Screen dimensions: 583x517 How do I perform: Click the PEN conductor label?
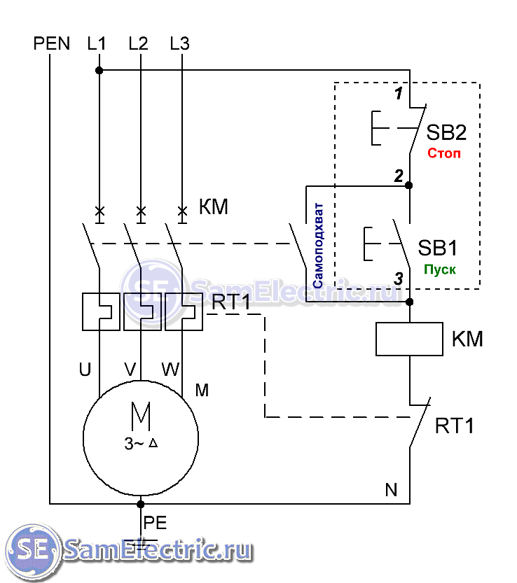[52, 43]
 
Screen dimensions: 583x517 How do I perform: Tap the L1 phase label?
[97, 43]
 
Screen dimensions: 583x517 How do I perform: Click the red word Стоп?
[445, 153]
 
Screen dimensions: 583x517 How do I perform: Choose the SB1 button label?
[438, 248]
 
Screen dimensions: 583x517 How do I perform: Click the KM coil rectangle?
[409, 339]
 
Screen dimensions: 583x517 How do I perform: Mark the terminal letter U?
[85, 370]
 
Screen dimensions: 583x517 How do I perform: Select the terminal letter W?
[170, 369]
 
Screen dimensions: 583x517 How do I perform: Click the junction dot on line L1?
[99, 70]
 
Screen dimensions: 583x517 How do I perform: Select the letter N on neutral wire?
[391, 490]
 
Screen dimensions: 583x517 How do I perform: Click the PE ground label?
[155, 522]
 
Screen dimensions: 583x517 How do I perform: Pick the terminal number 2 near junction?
[398, 176]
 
